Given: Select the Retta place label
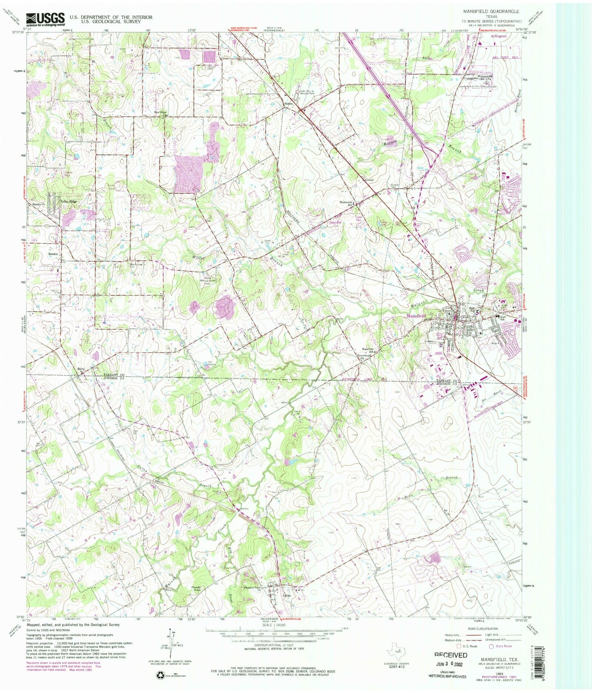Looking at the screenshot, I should click(x=81, y=369).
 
